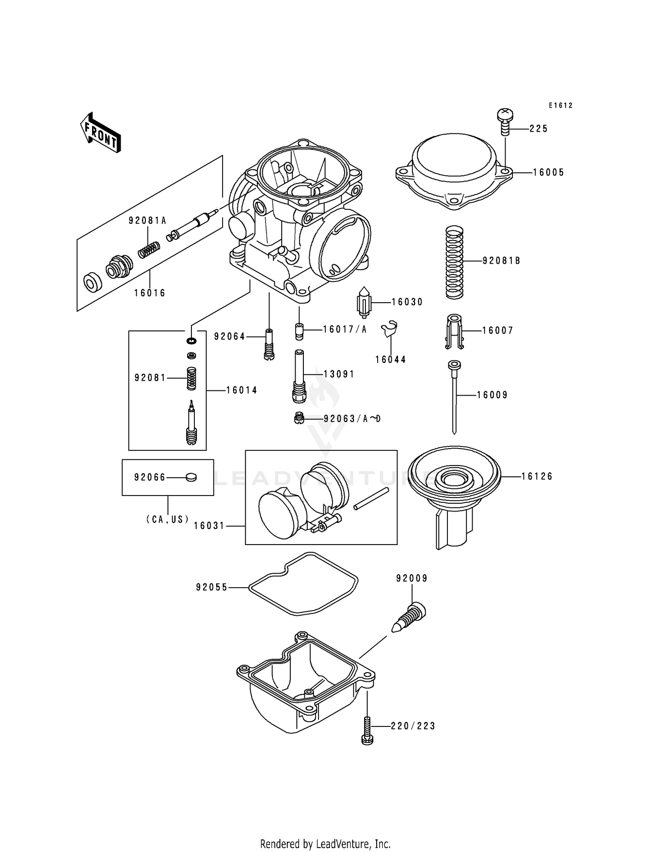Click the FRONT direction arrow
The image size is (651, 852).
pos(100,132)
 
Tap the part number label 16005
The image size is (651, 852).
pos(548,172)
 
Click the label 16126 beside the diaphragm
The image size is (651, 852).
pos(537,476)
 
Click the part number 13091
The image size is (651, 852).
pos(339,374)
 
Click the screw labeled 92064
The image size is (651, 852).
pos(269,343)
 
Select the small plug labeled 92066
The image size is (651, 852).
pos(191,477)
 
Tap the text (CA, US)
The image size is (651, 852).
pos(168,519)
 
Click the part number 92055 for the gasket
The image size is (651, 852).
pos(212,588)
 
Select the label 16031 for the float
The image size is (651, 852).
pos(209,526)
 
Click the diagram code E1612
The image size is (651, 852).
pos(560,106)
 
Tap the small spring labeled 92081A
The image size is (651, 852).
pos(149,250)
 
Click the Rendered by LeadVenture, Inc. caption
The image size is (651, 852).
pos(325,844)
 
